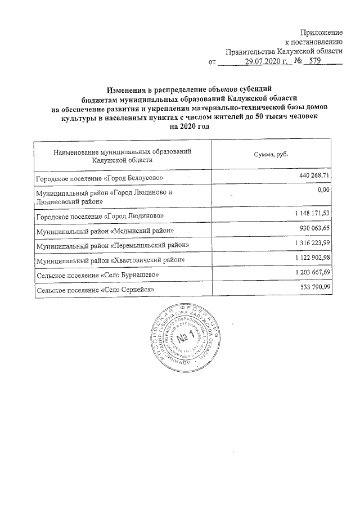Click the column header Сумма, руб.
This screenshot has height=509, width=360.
[268, 155]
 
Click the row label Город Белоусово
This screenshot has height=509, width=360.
[99, 178]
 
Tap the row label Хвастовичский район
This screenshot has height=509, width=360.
[110, 261]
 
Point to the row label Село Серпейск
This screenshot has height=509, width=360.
[95, 290]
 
